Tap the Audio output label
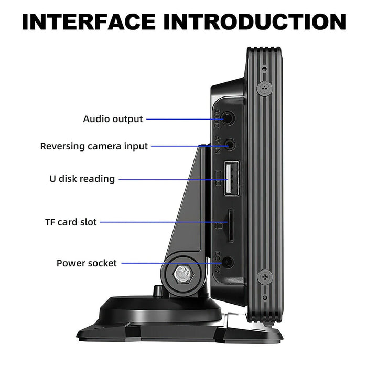coord(113,119)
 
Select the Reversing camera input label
coord(94,146)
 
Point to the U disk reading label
coord(82,179)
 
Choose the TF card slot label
coord(71,222)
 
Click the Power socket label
coord(87,263)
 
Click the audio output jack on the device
coord(229,118)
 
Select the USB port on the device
coord(230,179)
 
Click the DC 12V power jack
coord(228,263)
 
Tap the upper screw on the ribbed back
coord(265,88)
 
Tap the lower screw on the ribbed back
coord(265,276)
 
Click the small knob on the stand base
coord(157,290)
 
